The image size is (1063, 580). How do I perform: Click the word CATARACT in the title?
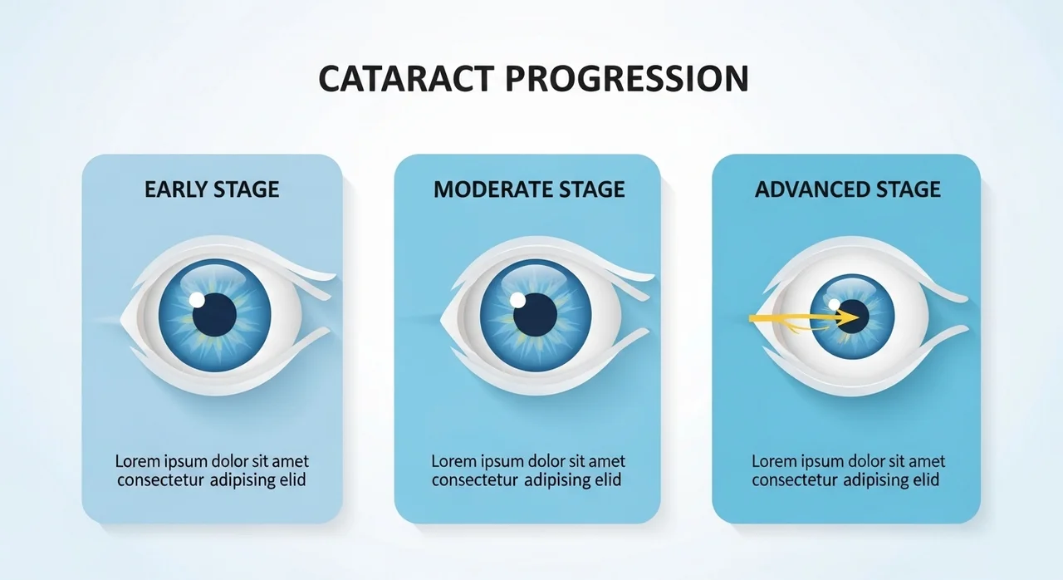pos(407,78)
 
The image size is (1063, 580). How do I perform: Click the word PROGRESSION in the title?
pos(627,78)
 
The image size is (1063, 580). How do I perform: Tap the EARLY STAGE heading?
pos(212,189)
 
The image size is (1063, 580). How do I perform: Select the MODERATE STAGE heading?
pos(529,189)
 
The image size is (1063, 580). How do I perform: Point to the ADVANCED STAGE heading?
pos(848,189)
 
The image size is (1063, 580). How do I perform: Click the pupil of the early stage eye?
pos(214,315)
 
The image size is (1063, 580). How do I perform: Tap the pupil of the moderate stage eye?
pos(536,315)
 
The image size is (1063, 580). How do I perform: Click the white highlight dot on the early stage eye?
pos(197,300)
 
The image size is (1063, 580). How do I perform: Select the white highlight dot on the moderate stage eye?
pos(517,300)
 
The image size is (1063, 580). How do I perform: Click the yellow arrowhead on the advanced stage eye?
pos(847,317)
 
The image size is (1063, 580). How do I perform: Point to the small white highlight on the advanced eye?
pos(835,304)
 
